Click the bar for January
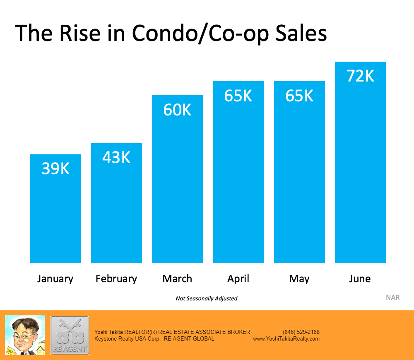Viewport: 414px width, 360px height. pos(55,215)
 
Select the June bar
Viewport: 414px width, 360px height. pos(360,174)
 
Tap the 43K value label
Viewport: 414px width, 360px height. pos(116,157)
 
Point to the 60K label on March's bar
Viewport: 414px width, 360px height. pos(177,110)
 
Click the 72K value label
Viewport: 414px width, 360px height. pos(360,76)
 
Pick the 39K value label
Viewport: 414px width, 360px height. pos(55,168)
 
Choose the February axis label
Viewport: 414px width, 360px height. pos(116,278)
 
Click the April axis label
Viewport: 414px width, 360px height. pos(238,278)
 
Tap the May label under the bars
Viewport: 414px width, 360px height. pos(299,278)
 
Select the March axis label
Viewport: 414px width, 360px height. pos(177,278)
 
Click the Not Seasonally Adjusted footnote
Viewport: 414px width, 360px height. pos(207,298)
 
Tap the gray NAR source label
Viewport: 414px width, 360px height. pos(392,298)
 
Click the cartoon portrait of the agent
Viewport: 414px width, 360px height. pos(24,335)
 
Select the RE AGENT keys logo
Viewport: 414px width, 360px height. pos(70,335)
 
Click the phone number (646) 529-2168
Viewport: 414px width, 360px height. pos(301,332)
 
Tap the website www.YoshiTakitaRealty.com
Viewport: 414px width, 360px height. pos(286,338)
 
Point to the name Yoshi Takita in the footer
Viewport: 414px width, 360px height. pos(109,332)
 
